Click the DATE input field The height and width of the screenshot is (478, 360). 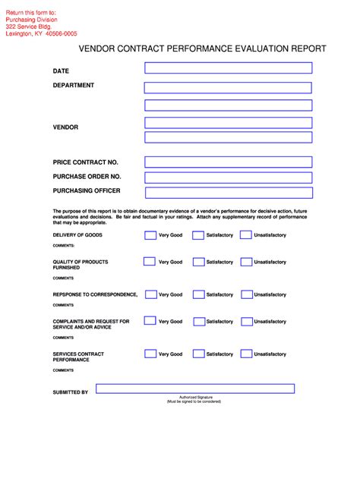coord(228,68)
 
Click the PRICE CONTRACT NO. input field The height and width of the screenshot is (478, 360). coord(228,162)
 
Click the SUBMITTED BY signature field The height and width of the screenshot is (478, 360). coord(195,389)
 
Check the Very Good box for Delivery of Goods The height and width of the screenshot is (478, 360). coord(150,235)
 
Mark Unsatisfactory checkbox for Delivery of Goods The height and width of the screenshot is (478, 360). coord(245,235)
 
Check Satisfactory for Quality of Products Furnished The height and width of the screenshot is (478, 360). coord(198,262)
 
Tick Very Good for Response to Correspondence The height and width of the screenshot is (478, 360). coord(150,294)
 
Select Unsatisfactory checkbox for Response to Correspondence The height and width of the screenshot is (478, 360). coord(245,294)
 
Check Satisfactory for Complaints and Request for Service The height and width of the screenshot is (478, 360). coord(198,322)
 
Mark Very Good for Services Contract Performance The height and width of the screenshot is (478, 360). coord(150,354)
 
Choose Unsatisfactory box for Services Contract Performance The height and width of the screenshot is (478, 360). coord(245,354)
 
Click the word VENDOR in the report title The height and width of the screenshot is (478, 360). coord(99,48)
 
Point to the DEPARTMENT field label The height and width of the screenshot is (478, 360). coord(74,86)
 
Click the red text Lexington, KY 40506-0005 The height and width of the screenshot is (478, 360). coord(41,33)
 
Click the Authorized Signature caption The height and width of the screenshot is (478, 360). coord(195,397)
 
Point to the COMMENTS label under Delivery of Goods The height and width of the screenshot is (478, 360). coord(63,246)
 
